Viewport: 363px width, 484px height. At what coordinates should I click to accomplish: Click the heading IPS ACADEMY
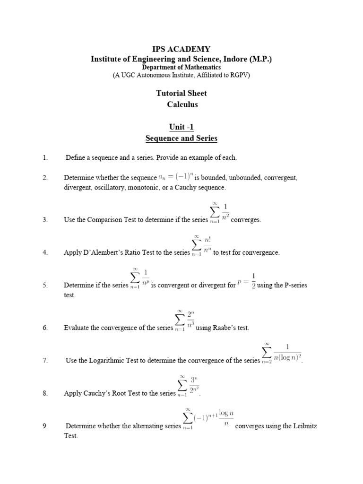click(x=181, y=49)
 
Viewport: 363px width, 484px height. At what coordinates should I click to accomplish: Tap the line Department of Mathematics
click(x=181, y=67)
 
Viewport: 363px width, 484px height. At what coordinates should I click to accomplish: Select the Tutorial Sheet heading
click(x=181, y=93)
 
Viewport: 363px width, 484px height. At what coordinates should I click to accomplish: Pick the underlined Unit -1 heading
click(x=181, y=127)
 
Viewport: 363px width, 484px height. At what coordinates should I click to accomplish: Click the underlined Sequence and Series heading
click(x=181, y=138)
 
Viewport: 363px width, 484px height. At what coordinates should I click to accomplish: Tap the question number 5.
click(x=45, y=285)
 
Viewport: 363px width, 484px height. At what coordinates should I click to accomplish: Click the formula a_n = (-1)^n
click(x=176, y=177)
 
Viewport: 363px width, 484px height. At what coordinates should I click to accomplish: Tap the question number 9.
click(x=45, y=426)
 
